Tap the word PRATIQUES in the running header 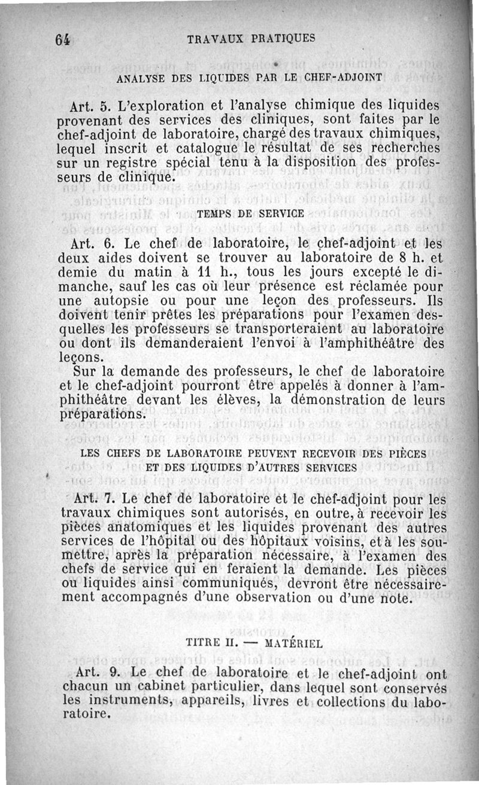point(283,38)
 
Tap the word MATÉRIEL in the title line point(293,643)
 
